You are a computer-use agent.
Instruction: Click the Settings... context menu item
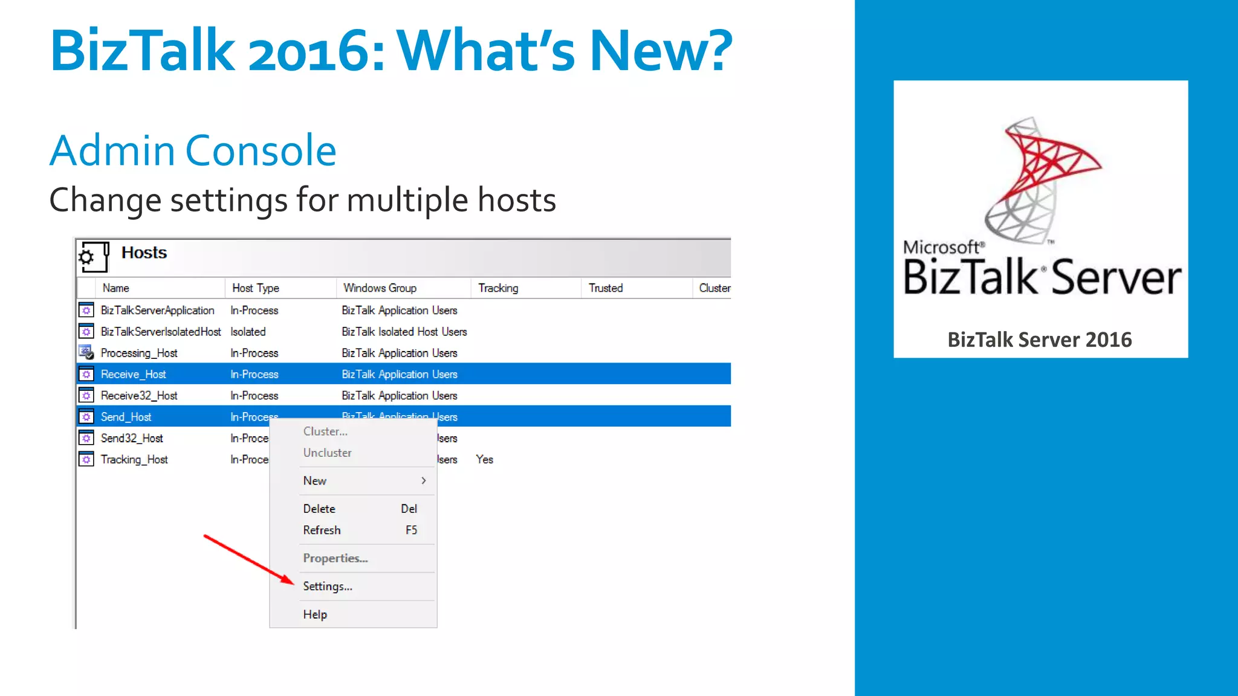(x=328, y=586)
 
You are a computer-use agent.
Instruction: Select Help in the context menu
(x=315, y=614)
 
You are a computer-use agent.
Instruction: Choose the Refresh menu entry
(x=322, y=530)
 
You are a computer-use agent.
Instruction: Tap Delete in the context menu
(x=319, y=509)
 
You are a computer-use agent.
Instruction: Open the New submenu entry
(x=315, y=481)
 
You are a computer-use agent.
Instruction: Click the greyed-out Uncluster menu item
(x=327, y=453)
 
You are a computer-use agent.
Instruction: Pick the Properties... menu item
(x=335, y=558)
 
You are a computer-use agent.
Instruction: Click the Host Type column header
(x=256, y=288)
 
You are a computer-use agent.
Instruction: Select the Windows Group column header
(x=380, y=288)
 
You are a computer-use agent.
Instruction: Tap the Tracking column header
(x=498, y=288)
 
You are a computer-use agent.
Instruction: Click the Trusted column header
(x=606, y=288)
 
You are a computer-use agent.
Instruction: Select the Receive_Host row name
(x=133, y=375)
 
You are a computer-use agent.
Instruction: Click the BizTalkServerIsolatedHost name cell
(x=161, y=332)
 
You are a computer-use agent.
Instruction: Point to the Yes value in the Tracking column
(x=484, y=460)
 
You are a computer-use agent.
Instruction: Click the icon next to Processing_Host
(x=86, y=352)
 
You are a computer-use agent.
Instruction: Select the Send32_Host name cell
(x=132, y=439)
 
